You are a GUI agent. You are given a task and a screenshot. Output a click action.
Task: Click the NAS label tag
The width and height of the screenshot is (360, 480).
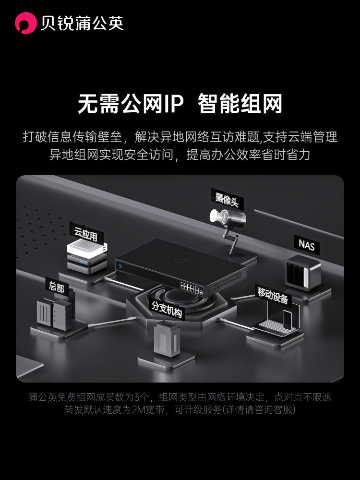(x=307, y=244)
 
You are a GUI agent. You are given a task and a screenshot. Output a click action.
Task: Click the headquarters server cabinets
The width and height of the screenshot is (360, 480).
(x=54, y=314)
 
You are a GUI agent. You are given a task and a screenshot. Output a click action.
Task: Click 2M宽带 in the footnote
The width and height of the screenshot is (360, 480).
(x=146, y=410)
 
